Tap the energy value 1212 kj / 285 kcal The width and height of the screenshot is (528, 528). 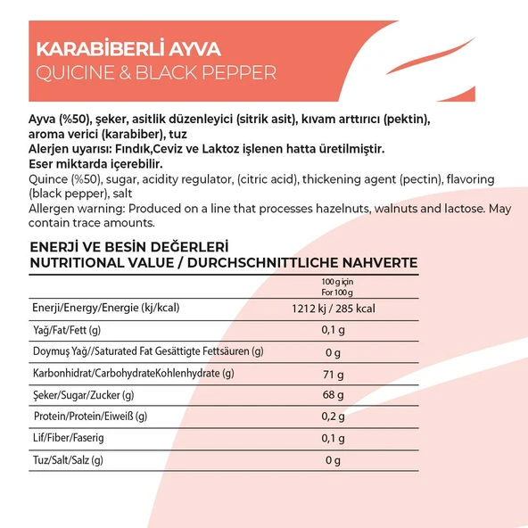point(333,309)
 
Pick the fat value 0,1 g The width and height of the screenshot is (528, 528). point(333,330)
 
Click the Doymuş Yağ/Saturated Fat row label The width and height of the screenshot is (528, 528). point(147,351)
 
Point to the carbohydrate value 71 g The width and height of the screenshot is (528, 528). point(333,374)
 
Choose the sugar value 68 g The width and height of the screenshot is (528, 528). point(333,395)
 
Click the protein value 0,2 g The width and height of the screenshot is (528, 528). point(333,417)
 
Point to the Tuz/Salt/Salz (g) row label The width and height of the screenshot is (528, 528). point(68,460)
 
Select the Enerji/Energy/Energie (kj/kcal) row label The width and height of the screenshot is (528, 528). point(105,309)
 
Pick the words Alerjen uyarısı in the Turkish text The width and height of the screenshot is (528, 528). point(73,149)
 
